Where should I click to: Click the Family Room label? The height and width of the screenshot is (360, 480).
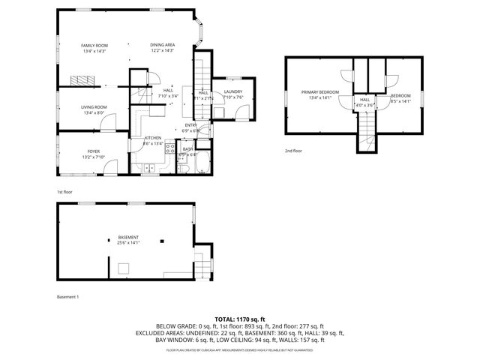[94, 45]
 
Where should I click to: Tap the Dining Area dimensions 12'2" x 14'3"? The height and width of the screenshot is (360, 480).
[162, 50]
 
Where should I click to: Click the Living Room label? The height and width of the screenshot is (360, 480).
[94, 107]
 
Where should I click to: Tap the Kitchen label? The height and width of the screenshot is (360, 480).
[153, 138]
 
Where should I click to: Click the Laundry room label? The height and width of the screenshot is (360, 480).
[232, 91]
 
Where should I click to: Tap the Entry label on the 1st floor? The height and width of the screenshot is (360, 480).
[191, 124]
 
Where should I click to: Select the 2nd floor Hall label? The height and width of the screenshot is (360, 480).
[364, 100]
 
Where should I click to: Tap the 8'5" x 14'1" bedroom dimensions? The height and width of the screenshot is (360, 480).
[400, 100]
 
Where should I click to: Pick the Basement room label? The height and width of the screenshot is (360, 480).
[127, 237]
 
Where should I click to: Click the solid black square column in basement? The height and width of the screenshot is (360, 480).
[163, 241]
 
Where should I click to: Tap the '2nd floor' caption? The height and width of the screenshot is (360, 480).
[292, 151]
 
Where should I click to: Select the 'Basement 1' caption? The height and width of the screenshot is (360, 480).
[67, 296]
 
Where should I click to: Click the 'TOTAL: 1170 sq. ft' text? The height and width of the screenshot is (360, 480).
[240, 319]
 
